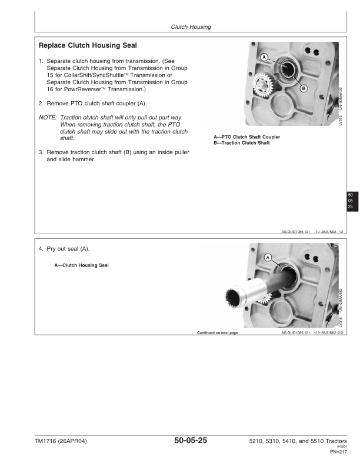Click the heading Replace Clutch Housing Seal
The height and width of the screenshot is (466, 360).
tap(88, 45)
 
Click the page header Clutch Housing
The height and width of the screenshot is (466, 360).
tap(191, 26)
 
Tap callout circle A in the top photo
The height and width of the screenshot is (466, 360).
tap(264, 57)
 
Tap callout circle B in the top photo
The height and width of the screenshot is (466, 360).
tap(304, 88)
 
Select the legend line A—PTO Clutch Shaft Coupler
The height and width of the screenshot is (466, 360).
tap(246, 137)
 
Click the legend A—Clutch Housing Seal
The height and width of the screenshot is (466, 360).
tap(81, 265)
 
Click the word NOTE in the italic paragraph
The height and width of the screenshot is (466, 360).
tap(47, 117)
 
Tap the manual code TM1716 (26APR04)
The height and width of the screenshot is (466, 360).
tap(61, 442)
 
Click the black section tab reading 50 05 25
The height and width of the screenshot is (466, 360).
tap(350, 201)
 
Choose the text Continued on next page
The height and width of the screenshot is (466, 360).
tap(217, 332)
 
